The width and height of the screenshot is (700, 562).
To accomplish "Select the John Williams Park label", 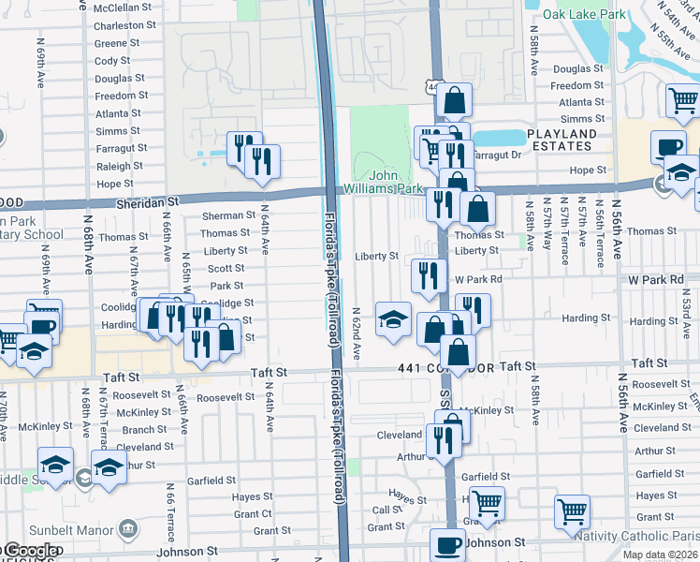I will click(397, 182).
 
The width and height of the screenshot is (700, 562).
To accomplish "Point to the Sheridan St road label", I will click(147, 201).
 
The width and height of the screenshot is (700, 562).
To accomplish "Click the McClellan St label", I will click(123, 7).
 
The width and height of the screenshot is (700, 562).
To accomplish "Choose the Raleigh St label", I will click(114, 167).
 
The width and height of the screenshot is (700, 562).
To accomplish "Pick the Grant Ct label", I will click(253, 514).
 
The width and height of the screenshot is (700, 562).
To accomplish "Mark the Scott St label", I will click(226, 269).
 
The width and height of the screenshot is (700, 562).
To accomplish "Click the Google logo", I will click(31, 552).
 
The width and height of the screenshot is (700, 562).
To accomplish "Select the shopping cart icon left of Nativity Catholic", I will click(572, 510).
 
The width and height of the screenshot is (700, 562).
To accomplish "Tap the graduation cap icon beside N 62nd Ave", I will click(393, 318).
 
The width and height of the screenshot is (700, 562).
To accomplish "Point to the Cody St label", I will click(112, 61).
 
